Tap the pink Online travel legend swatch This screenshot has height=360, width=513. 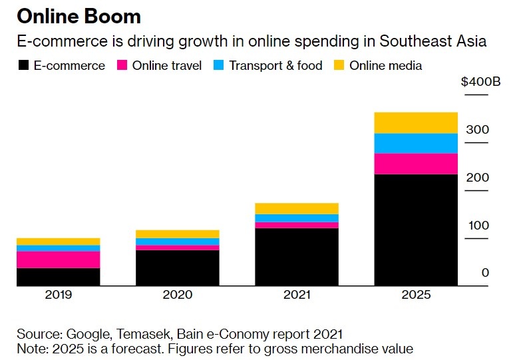122,65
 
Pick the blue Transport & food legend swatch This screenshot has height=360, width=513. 219,65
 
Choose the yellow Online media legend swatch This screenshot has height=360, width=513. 339,65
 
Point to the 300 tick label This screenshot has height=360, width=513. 476,130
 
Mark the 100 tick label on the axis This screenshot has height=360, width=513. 476,226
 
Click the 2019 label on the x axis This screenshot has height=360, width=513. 58,295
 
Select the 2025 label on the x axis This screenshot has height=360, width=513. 416,295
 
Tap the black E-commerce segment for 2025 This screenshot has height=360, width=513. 416,230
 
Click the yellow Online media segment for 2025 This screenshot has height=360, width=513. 416,123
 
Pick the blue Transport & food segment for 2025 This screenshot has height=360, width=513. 416,143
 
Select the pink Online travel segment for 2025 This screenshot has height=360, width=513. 416,164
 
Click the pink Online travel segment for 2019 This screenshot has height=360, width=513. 58,260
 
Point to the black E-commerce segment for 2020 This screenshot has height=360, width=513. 177,268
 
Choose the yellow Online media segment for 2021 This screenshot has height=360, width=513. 297,208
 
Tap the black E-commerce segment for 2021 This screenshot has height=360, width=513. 297,257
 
